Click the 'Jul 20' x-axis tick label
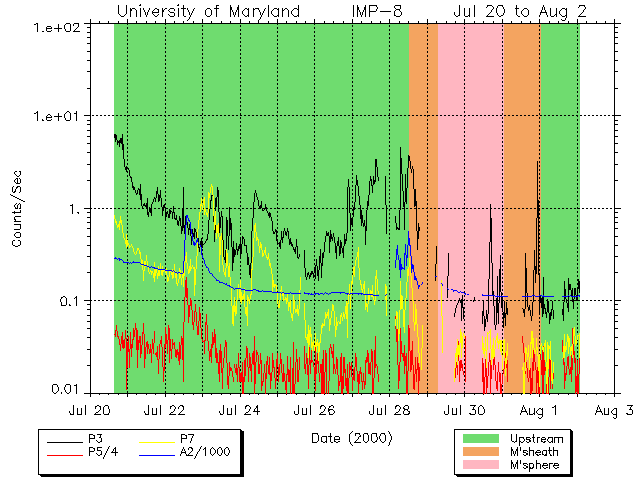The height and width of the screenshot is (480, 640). [x=90, y=410]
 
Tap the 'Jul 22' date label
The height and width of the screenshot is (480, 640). [x=165, y=410]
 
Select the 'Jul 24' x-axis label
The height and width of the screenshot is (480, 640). [x=239, y=410]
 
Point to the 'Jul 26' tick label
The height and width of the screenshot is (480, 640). [x=314, y=410]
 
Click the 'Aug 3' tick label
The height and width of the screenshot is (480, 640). [x=612, y=410]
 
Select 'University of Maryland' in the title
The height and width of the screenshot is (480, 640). [x=208, y=11]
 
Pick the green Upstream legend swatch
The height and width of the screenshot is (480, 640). [x=480, y=438]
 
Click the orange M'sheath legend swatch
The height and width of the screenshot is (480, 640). [x=480, y=452]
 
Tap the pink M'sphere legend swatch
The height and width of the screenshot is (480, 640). [x=480, y=466]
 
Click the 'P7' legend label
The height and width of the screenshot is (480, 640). [x=187, y=438]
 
